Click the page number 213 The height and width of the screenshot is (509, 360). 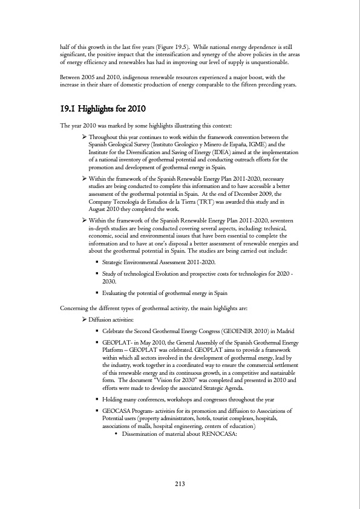coord(180,484)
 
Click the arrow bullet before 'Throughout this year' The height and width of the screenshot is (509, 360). coord(84,138)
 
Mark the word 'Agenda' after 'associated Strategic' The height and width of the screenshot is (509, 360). coord(216,388)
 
